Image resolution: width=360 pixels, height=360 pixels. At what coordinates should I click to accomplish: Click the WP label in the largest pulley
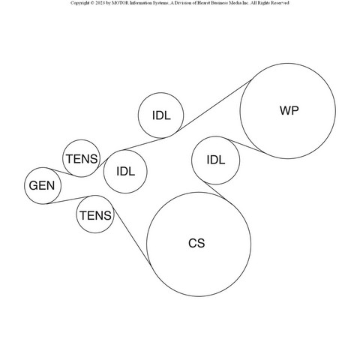[289, 110]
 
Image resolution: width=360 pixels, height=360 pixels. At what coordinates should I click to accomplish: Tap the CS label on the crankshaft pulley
[196, 243]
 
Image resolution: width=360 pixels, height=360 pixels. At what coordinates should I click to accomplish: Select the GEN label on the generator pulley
[42, 186]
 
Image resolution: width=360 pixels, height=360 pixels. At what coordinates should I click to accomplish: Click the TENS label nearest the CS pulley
[95, 215]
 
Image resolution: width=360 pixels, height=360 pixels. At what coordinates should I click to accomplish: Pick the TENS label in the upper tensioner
[82, 159]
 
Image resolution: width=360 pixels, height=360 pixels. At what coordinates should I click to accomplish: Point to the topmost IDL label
[161, 115]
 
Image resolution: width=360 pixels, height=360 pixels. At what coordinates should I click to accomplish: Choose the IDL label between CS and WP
[216, 160]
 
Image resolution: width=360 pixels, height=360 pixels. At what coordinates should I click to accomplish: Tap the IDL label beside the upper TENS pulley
[126, 172]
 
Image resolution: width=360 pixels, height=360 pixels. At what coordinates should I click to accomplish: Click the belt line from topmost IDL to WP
[214, 106]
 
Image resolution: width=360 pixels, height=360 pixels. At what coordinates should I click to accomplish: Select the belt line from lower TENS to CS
[132, 235]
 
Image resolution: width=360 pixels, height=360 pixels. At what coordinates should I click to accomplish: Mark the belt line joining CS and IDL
[216, 190]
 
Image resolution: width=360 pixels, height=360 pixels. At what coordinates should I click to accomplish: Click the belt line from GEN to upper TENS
[61, 172]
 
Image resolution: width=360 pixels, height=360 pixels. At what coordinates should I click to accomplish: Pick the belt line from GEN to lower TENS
[68, 200]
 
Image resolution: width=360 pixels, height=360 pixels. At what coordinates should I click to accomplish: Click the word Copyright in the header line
[79, 3]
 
